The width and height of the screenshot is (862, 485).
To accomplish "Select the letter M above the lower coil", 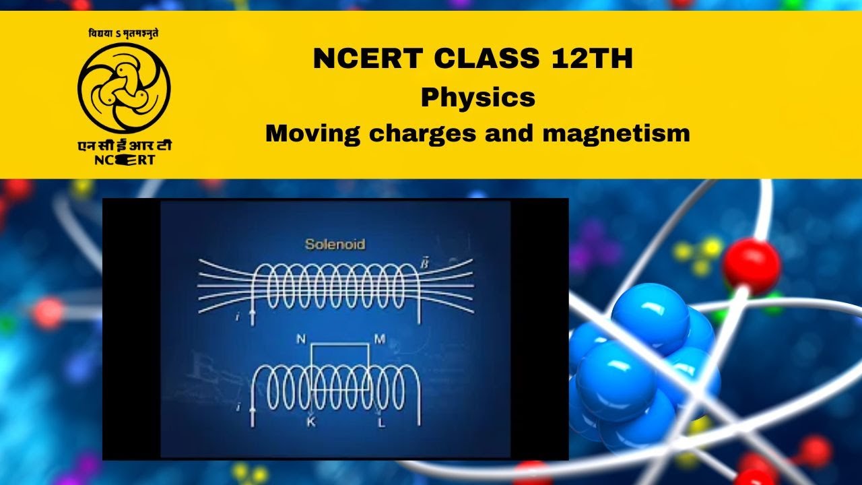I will pyautogui.click(x=379, y=339).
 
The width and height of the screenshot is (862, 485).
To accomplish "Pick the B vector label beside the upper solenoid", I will pyautogui.click(x=424, y=261).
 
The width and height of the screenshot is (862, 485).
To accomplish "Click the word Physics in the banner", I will pyautogui.click(x=478, y=98).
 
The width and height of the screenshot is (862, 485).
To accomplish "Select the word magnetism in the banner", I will pyautogui.click(x=620, y=133).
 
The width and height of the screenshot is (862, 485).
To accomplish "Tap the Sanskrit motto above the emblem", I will pyautogui.click(x=124, y=33).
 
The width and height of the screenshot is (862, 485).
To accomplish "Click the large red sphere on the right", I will pyautogui.click(x=751, y=265).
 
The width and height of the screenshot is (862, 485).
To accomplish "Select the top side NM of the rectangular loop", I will pyautogui.click(x=339, y=344).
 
